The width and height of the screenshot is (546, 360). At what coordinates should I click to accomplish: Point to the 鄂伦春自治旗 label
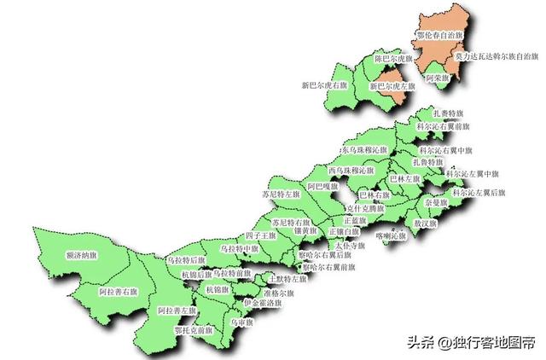point(440,36)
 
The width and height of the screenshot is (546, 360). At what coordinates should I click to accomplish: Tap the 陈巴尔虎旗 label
point(394,60)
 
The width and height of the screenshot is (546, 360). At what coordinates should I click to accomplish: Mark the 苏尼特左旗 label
point(282,195)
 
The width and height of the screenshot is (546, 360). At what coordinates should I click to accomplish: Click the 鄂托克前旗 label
point(192,329)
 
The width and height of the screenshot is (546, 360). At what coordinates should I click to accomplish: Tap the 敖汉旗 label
point(425,224)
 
